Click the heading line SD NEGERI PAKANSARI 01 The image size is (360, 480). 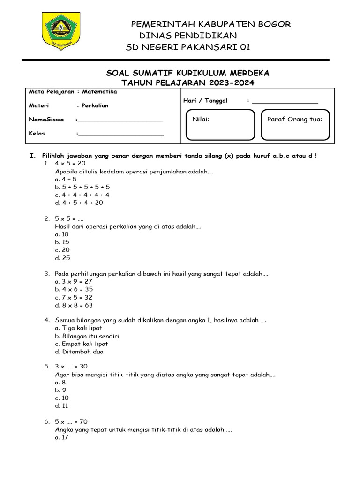click(x=188, y=47)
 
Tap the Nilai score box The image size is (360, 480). click(x=220, y=125)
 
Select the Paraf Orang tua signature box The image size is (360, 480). click(x=295, y=125)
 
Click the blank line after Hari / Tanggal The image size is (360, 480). click(x=285, y=101)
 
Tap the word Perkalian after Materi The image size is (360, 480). click(x=95, y=106)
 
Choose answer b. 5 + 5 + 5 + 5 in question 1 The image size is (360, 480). click(x=82, y=187)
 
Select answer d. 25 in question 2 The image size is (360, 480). click(x=62, y=258)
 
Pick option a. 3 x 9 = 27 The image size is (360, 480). click(x=74, y=281)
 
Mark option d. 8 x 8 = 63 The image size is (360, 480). click(x=74, y=305)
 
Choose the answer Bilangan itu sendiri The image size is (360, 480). click(x=87, y=336)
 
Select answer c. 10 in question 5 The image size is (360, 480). click(x=62, y=398)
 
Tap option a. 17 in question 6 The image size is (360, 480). click(x=62, y=437)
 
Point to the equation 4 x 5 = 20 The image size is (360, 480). click(x=70, y=163)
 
